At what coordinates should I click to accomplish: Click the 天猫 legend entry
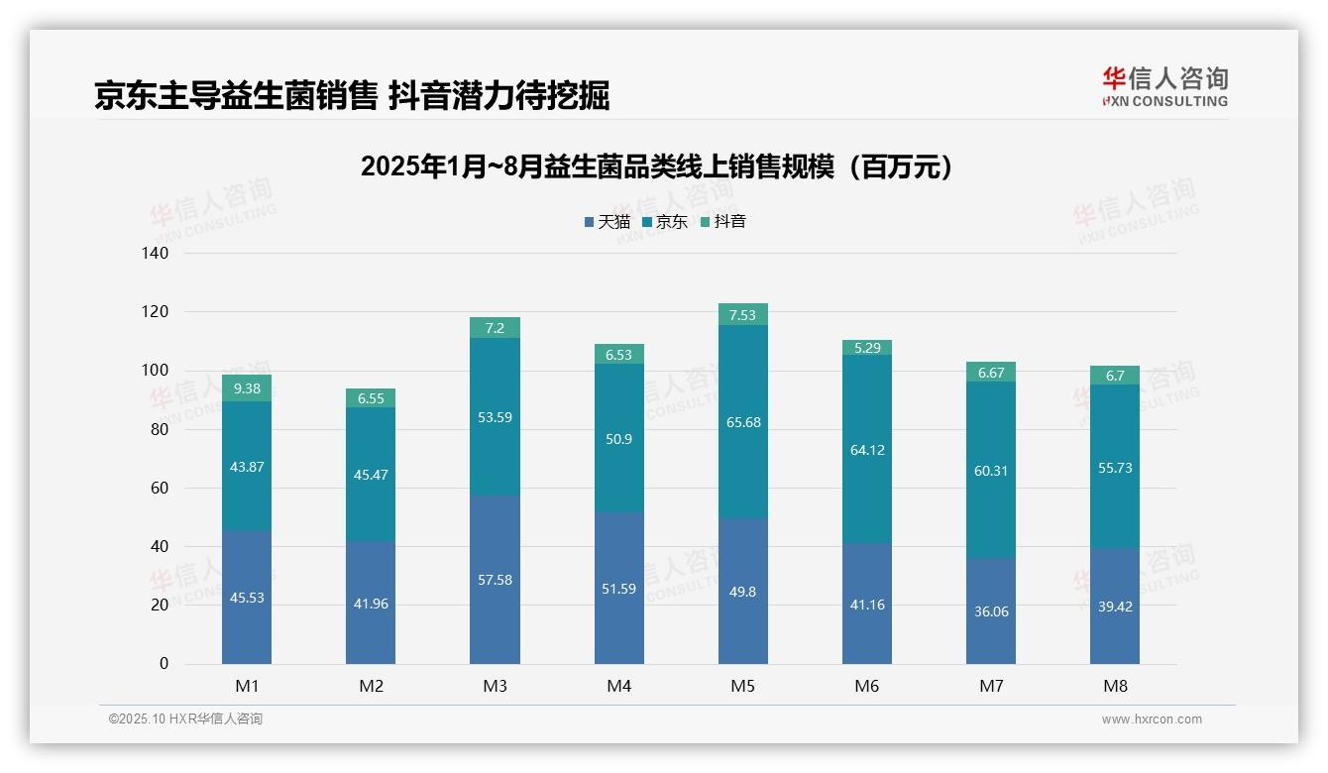point(608,222)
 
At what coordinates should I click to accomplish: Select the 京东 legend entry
point(665,222)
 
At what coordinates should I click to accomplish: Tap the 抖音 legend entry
point(723,222)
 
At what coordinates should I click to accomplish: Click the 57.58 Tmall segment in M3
point(495,580)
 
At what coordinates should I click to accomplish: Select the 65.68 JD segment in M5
point(743,422)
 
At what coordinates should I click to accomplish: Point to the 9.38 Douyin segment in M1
point(247,388)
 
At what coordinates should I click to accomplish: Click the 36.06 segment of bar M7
point(991,611)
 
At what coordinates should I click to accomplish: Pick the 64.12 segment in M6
point(867,450)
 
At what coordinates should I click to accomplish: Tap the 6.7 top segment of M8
point(1115,376)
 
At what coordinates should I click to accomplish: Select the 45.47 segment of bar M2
point(371,475)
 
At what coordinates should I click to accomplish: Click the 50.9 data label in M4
point(619,439)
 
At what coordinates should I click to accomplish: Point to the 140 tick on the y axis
point(157,254)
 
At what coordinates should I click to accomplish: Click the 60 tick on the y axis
point(160,489)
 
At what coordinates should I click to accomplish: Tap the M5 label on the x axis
point(743,686)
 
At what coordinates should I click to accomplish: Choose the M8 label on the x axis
point(1115,686)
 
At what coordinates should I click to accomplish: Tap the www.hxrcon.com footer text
point(1152,719)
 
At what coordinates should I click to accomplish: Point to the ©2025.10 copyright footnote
point(185,719)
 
